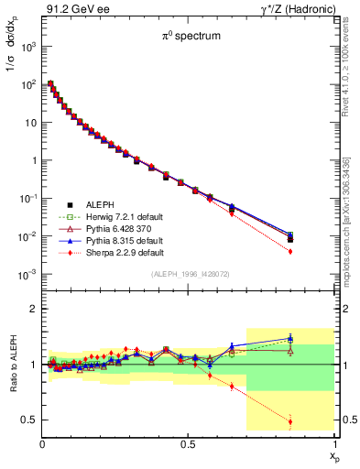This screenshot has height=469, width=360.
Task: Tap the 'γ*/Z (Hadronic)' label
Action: click(298, 8)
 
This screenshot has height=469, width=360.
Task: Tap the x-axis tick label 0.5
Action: click(188, 443)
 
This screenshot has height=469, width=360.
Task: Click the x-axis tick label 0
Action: click(43, 443)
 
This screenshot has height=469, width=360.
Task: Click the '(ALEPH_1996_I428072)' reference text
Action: click(188, 274)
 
